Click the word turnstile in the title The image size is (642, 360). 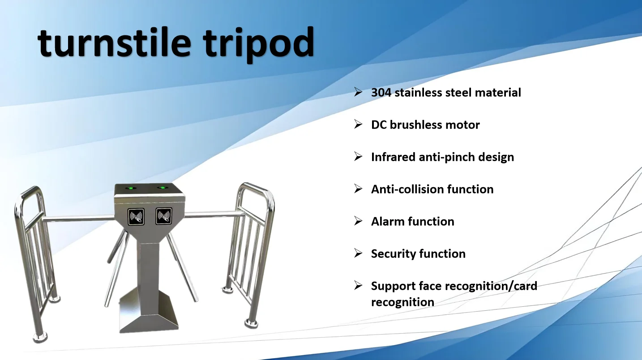click(114, 43)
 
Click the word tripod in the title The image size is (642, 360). click(258, 44)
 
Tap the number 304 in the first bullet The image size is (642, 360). click(381, 93)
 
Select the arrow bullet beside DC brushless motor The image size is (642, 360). click(358, 124)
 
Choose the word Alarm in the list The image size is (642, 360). click(388, 222)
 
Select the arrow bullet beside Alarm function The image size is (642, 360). click(358, 221)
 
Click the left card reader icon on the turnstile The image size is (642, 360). click(136, 217)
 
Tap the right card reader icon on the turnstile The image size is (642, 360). click(164, 216)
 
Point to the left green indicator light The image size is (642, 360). click(131, 189)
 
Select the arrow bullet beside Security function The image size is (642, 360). click(358, 253)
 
